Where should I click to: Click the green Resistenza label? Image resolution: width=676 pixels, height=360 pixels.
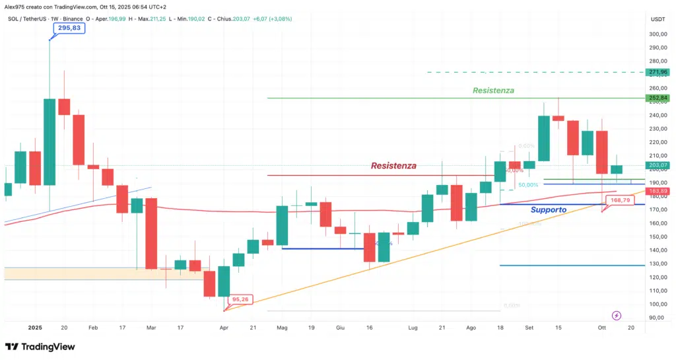493,90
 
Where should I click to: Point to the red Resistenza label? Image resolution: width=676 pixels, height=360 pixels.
393,166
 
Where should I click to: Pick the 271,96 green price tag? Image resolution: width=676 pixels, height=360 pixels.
659,72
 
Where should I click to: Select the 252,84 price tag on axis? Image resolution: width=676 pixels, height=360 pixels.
659,98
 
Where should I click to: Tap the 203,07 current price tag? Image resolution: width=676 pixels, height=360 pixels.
659,165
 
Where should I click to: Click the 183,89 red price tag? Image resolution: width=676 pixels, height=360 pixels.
659,191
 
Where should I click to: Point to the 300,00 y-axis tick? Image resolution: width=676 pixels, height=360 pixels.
658,34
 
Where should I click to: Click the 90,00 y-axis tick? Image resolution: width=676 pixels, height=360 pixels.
657,318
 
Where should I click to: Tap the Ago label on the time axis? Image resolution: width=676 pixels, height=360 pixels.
471,328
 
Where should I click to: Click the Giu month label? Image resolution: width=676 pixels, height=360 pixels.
341,328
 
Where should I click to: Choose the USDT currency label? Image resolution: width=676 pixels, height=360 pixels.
658,19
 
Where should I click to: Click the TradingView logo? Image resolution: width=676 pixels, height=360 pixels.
40,347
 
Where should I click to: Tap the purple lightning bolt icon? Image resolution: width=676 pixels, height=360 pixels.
617,316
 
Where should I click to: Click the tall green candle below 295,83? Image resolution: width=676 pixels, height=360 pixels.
50,142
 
